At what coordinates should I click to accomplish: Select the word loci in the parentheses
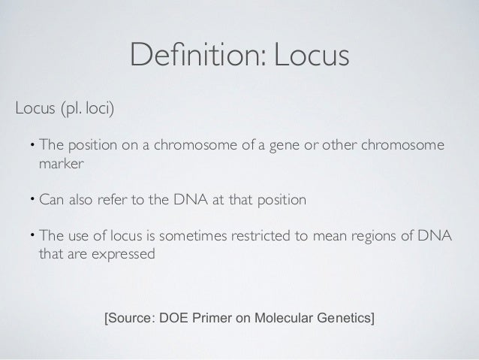[x=99, y=110]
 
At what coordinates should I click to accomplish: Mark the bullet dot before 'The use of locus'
[x=32, y=234]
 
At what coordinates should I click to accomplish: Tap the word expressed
[x=124, y=254]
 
